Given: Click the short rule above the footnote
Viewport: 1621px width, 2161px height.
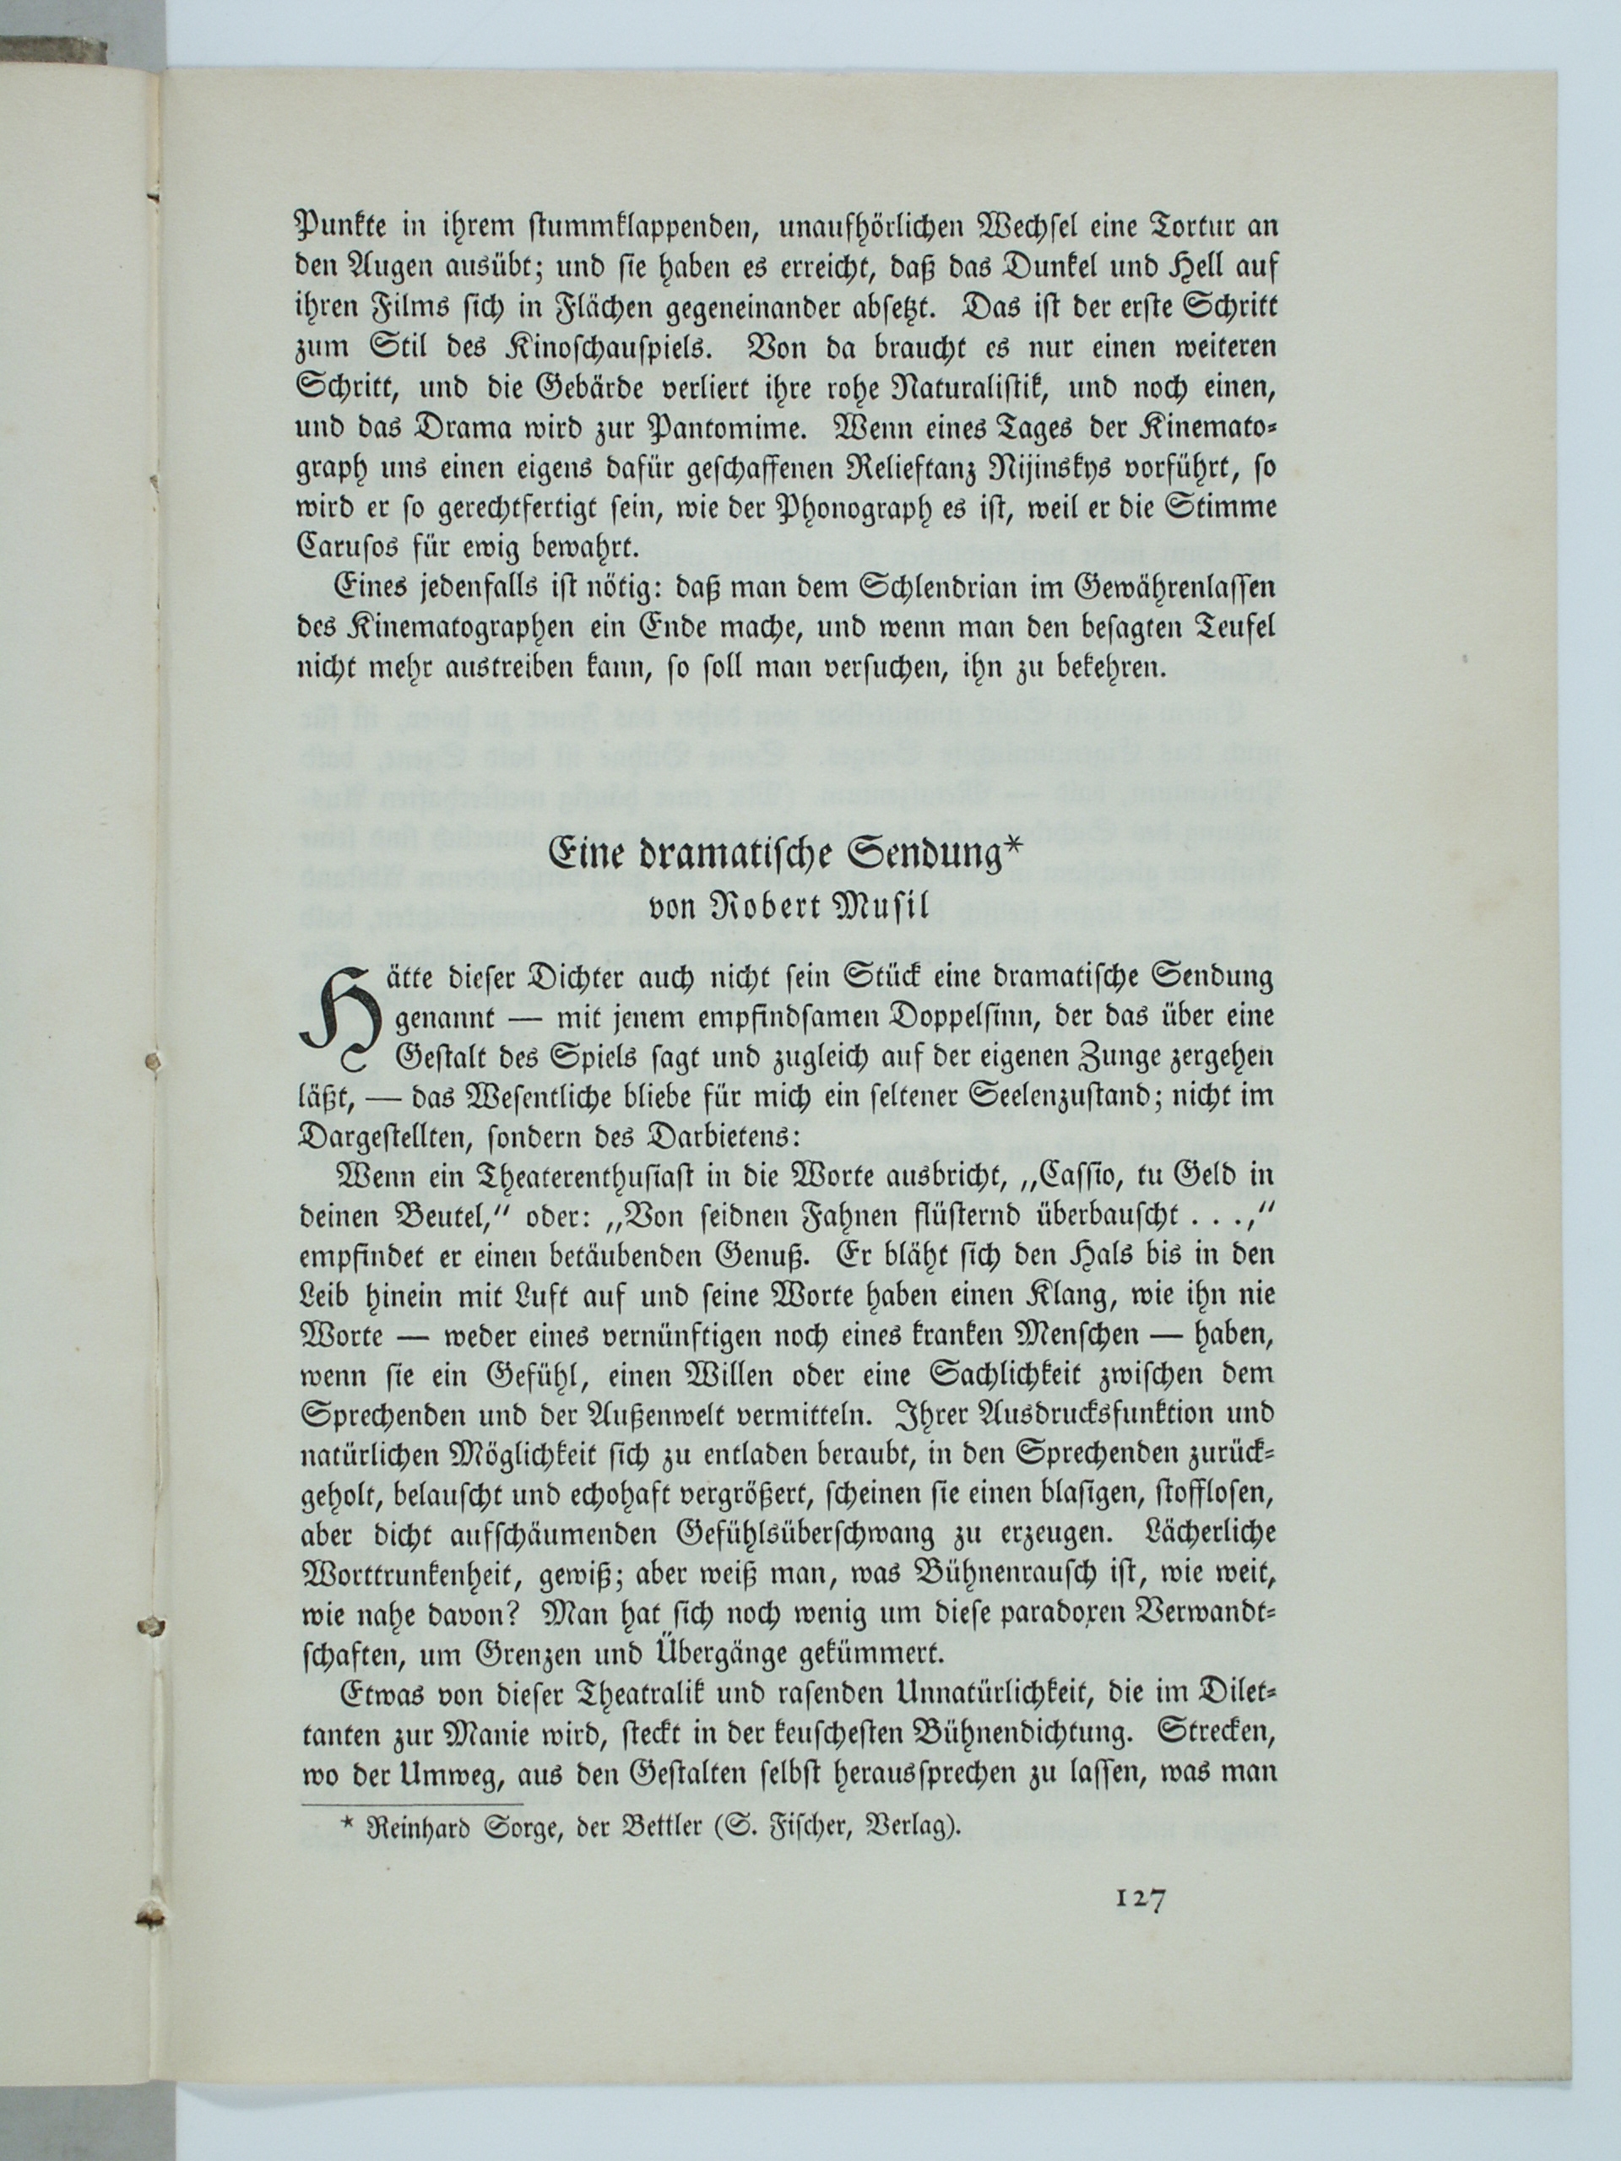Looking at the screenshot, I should [x=412, y=1802].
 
